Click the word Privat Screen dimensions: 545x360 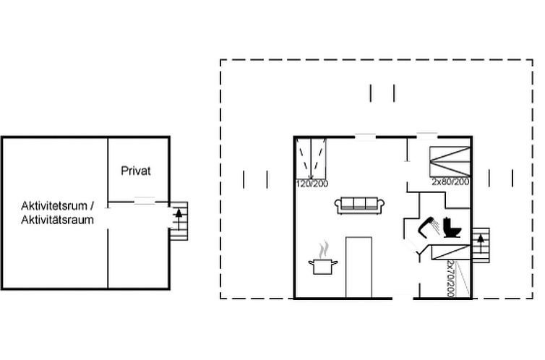tap(136, 171)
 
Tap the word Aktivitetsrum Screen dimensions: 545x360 tap(54, 206)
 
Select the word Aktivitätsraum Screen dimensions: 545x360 tap(57, 220)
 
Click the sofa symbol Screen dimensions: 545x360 tap(359, 205)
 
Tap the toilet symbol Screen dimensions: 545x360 tap(452, 228)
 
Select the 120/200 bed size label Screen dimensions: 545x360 tap(312, 184)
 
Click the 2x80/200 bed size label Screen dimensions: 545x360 tap(450, 181)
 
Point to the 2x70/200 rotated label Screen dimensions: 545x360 tap(451, 279)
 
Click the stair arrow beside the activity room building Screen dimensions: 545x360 tap(179, 219)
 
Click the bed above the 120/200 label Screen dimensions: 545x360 tap(311, 158)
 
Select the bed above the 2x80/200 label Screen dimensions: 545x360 tap(450, 162)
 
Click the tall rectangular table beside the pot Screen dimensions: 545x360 tap(359, 267)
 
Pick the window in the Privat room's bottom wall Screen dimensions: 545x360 tap(145, 200)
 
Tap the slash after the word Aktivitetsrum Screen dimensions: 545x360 tap(92, 206)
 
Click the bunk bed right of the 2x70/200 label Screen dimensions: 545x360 tap(463, 279)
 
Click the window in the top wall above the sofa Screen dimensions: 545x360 tap(365, 137)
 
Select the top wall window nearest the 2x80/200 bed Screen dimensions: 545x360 tap(427, 136)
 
